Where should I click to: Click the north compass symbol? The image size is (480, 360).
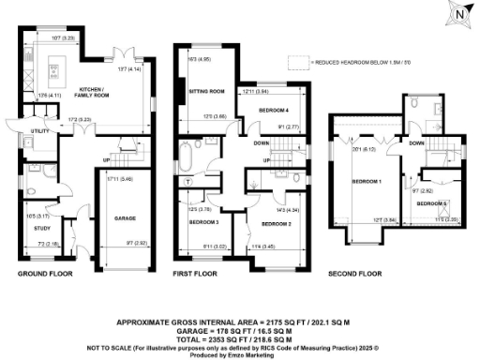click(457, 16)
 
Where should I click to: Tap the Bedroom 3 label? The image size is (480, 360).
click(205, 221)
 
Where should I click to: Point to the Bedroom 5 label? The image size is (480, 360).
click(430, 203)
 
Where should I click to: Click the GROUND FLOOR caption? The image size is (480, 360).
click(44, 274)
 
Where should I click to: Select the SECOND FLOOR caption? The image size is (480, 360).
click(355, 274)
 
